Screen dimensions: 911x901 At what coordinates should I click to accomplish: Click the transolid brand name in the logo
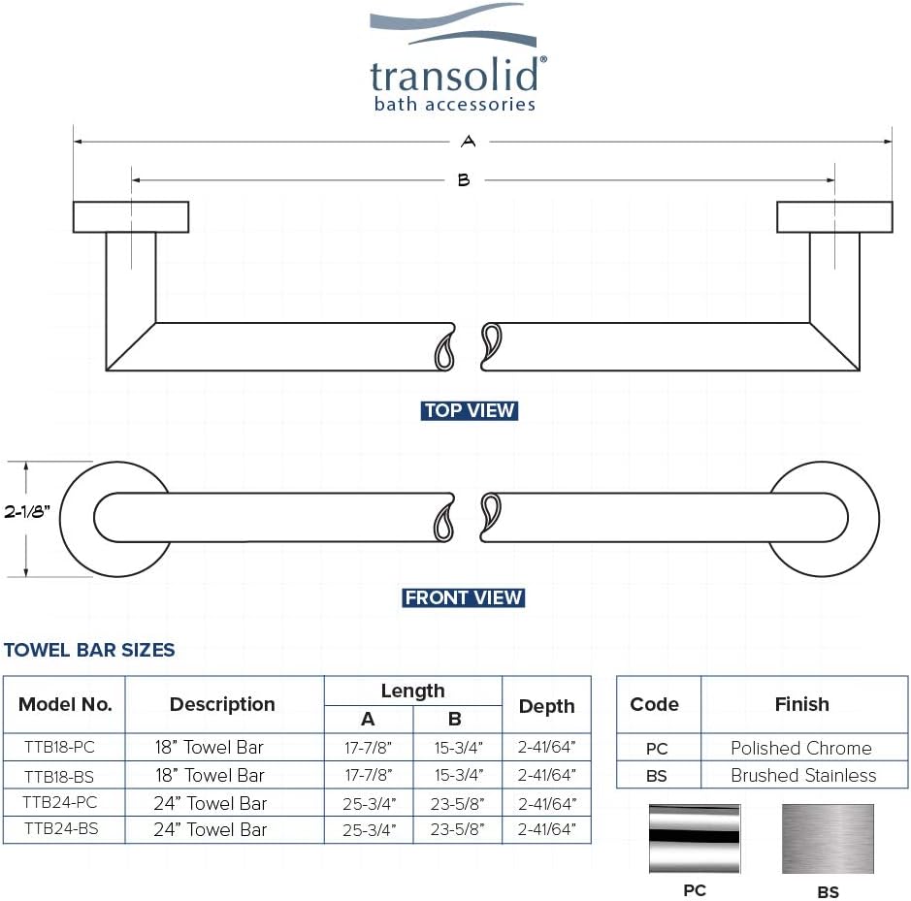click(x=454, y=75)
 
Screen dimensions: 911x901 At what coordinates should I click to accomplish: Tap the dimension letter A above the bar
click(x=469, y=142)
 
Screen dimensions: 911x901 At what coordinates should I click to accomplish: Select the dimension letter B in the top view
click(x=464, y=180)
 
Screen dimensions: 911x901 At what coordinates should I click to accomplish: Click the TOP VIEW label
click(x=470, y=410)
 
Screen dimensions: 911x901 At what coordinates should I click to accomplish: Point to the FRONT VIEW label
click(x=464, y=597)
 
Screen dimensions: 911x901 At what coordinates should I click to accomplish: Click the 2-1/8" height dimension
click(x=27, y=511)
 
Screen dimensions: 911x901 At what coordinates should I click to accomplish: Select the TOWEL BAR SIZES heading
click(x=89, y=650)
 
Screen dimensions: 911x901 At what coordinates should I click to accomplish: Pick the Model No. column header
click(x=65, y=704)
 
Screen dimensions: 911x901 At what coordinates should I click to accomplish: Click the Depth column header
click(x=547, y=706)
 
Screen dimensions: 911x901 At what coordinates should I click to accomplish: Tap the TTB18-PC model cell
click(x=60, y=747)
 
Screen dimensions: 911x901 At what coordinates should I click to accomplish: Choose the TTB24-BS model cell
click(x=61, y=829)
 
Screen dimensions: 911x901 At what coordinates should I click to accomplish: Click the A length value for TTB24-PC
click(x=369, y=803)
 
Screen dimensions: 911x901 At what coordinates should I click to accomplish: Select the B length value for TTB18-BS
click(x=458, y=775)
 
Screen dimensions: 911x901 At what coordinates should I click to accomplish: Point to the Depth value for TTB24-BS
click(x=547, y=829)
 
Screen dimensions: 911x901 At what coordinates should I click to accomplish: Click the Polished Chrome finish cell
click(x=801, y=748)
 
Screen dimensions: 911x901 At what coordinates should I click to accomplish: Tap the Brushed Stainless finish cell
click(x=803, y=775)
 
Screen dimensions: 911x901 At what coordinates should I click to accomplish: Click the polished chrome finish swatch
click(x=695, y=838)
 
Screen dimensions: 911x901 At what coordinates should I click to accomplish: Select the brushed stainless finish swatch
click(x=828, y=839)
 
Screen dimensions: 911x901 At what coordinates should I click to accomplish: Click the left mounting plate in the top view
click(x=131, y=216)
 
